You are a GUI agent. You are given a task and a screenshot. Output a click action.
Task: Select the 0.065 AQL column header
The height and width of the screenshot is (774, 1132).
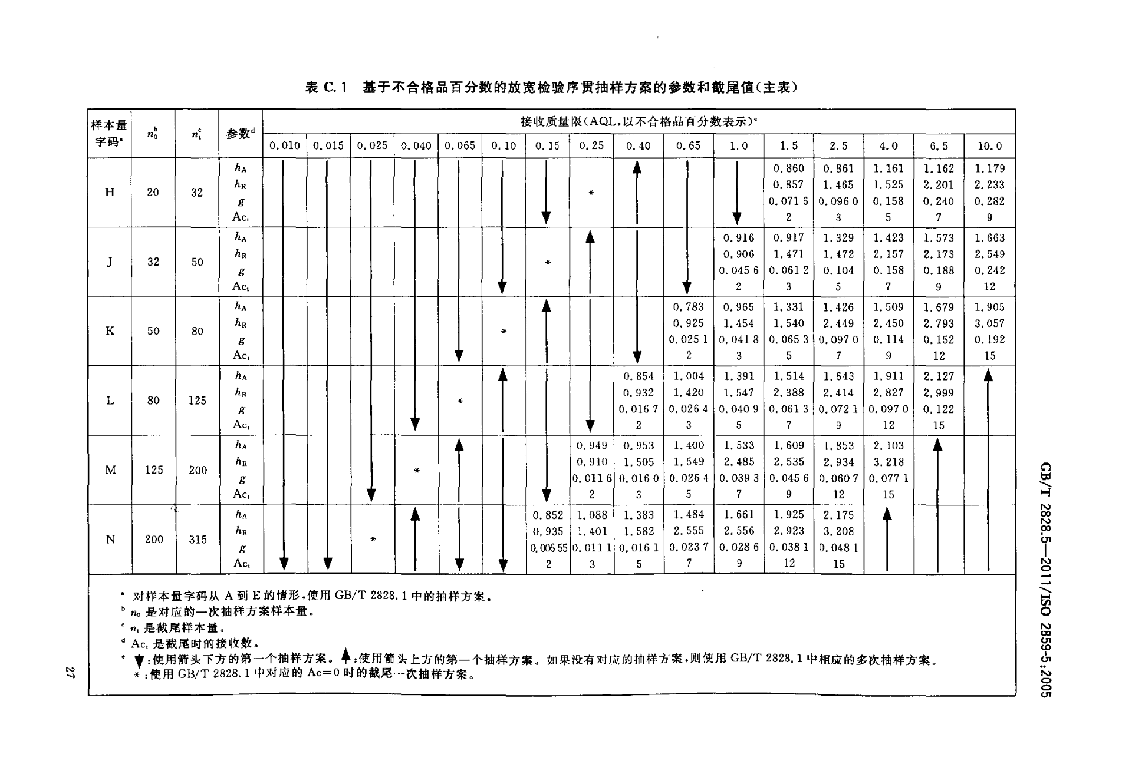(460, 145)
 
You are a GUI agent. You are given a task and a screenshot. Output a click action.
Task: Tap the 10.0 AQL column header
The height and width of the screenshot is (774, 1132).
(989, 145)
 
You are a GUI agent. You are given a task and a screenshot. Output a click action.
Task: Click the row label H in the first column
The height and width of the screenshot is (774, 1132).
(110, 192)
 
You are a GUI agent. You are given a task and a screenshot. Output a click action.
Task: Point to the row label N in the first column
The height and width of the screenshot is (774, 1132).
(110, 539)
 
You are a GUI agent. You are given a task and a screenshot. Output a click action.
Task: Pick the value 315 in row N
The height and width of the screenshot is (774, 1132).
(198, 539)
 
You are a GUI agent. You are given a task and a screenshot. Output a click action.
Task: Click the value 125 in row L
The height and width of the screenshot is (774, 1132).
(198, 401)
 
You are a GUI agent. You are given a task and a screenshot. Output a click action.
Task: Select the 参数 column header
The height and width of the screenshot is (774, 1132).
(241, 134)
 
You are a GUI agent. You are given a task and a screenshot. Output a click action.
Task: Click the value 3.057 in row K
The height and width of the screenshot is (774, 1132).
(989, 323)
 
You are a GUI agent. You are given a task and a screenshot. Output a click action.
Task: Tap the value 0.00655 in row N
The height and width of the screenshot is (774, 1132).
(548, 548)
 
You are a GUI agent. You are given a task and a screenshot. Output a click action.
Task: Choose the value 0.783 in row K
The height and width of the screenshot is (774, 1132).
(689, 307)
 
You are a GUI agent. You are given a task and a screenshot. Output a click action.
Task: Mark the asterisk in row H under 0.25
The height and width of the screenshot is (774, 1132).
(591, 193)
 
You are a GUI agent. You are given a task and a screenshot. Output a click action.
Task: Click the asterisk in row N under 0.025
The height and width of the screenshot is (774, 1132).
(373, 540)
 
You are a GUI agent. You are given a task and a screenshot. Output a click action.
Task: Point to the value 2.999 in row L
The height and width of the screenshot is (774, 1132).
(939, 393)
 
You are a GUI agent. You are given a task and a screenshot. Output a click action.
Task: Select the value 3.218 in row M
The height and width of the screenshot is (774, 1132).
(889, 462)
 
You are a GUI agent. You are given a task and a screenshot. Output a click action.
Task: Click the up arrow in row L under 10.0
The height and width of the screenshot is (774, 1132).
(989, 470)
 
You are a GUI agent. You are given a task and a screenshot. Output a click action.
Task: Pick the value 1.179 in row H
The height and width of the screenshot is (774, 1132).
(989, 168)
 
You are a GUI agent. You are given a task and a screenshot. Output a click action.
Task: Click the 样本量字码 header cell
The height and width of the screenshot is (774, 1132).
(109, 133)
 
